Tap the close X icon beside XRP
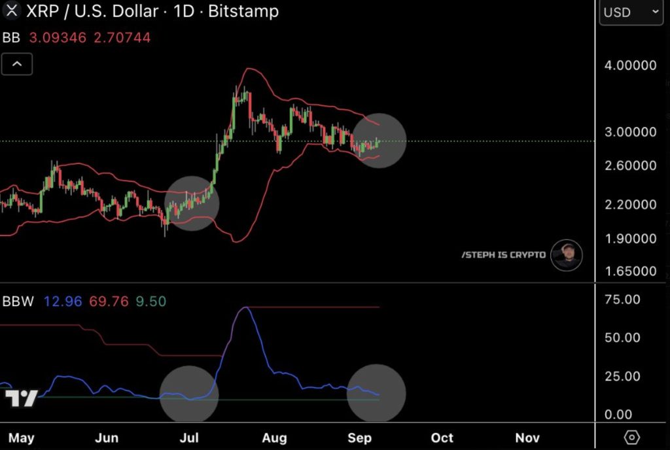(x=12, y=11)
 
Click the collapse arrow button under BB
(x=17, y=64)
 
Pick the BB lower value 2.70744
(x=122, y=38)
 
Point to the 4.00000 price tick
(x=630, y=65)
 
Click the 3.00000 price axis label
(x=630, y=132)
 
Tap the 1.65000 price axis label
(x=630, y=271)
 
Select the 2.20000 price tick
(x=630, y=205)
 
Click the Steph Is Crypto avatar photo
(x=566, y=255)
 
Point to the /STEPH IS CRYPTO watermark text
(x=503, y=254)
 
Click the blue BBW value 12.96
(x=63, y=302)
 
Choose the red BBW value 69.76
(x=109, y=302)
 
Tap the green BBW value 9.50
(x=151, y=302)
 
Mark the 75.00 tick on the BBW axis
(x=622, y=300)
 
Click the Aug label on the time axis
(x=275, y=438)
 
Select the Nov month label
(x=527, y=438)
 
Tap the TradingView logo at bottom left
(x=21, y=398)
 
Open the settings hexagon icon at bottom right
(x=631, y=437)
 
